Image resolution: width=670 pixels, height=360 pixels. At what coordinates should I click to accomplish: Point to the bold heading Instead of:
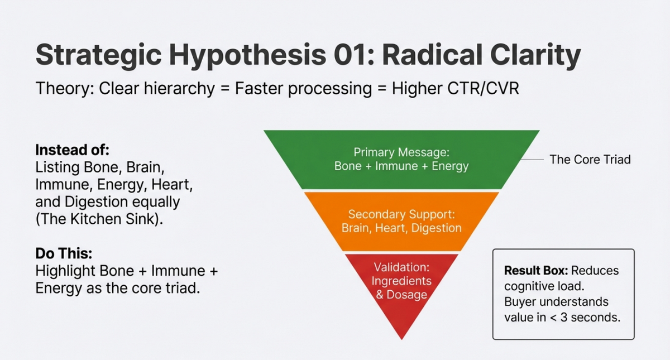tap(73, 150)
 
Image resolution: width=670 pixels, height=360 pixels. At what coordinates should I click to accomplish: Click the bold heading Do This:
tap(64, 253)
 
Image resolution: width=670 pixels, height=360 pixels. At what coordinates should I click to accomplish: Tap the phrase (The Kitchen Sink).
tap(99, 219)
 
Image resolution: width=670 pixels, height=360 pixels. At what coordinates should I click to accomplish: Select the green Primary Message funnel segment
tap(401, 160)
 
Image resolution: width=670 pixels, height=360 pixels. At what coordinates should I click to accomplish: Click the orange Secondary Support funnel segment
tap(401, 222)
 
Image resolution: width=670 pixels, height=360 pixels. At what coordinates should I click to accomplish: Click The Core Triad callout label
tap(590, 160)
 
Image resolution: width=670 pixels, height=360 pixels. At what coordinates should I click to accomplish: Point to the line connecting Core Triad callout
tap(532, 160)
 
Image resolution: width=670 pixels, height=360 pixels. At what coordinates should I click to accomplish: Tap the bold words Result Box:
tap(536, 271)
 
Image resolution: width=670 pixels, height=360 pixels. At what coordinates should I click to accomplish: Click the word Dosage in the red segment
tap(407, 295)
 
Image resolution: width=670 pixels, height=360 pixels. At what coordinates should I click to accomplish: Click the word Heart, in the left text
tap(172, 185)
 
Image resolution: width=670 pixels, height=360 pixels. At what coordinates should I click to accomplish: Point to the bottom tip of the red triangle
tap(401, 340)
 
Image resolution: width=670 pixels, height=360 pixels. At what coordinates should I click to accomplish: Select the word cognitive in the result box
tap(527, 287)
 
